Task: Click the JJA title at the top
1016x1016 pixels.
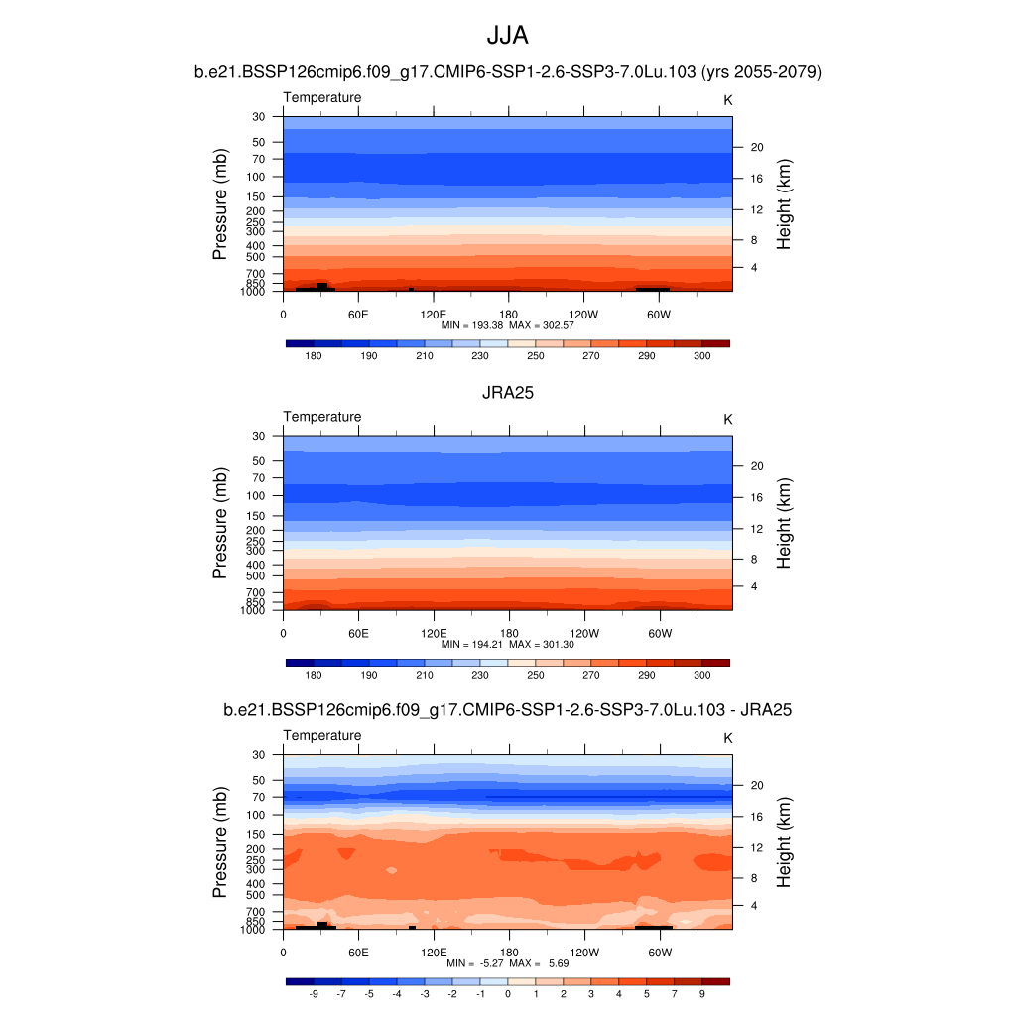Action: (x=507, y=36)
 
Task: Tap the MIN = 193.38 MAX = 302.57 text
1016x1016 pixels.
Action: (x=508, y=324)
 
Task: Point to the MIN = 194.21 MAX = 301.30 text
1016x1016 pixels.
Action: (x=508, y=644)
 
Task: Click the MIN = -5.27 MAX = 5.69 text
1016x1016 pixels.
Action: (x=508, y=963)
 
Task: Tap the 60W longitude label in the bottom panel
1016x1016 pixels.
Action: (x=660, y=952)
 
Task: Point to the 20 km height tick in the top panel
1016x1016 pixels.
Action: (x=755, y=147)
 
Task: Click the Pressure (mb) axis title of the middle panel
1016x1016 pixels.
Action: (x=220, y=523)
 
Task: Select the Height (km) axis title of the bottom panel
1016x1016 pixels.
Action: (x=784, y=841)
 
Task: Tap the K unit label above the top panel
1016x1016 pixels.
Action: (x=727, y=100)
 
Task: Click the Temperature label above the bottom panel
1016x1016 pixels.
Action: (x=322, y=735)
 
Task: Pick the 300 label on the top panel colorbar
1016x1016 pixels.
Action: (x=702, y=355)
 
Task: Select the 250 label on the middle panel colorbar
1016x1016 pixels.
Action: (x=536, y=675)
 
